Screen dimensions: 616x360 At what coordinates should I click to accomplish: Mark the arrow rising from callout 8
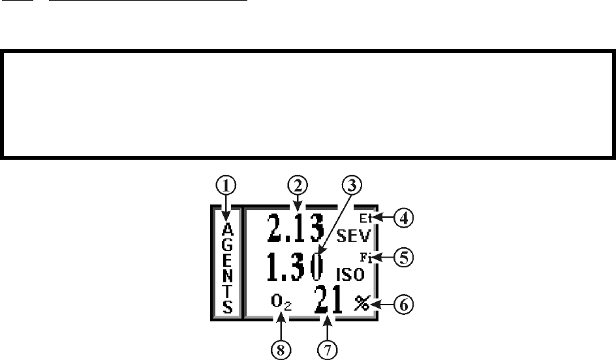click(281, 326)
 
